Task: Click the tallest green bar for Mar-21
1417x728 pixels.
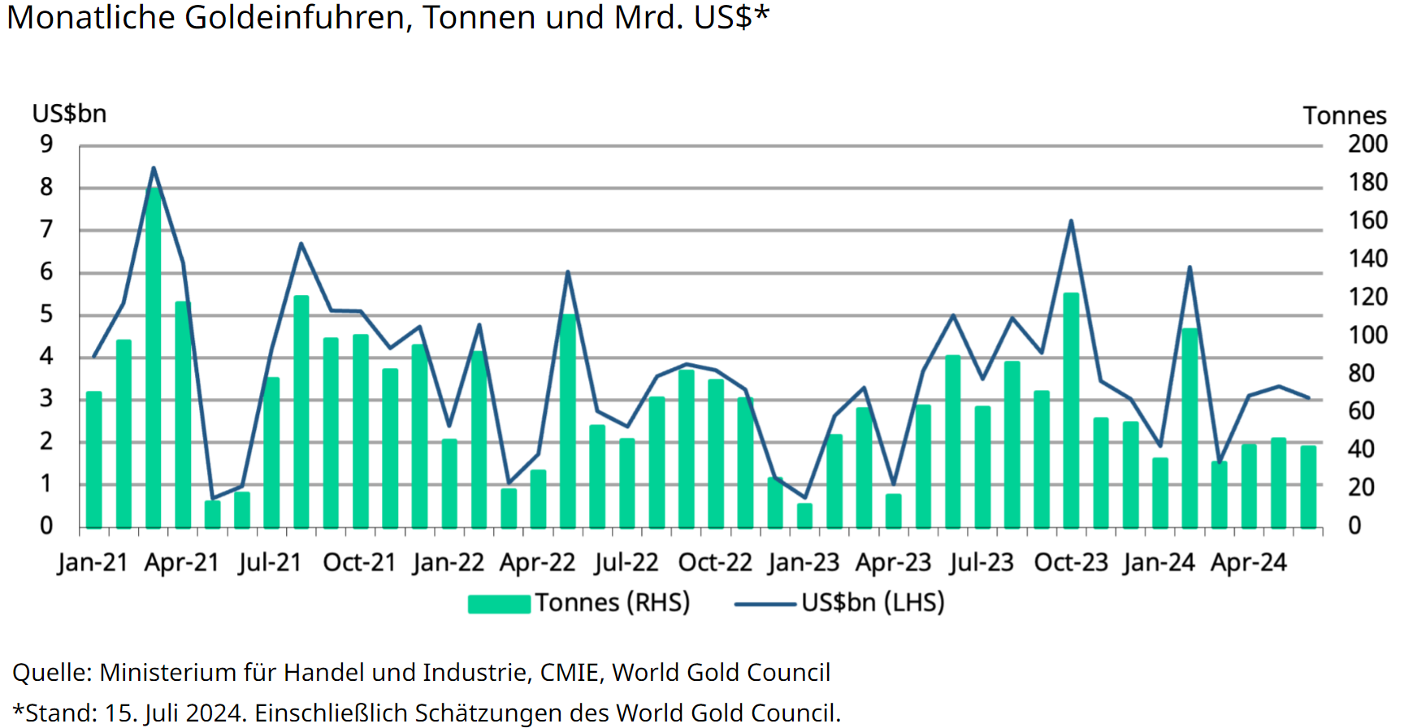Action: tap(154, 357)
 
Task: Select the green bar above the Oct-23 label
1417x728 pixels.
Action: tap(1071, 410)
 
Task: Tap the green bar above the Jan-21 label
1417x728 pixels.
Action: tap(94, 459)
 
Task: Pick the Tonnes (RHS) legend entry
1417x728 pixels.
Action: tap(578, 603)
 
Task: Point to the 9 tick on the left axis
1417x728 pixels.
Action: tap(46, 145)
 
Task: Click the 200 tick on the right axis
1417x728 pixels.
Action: tap(1367, 145)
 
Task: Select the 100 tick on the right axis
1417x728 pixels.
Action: tap(1367, 335)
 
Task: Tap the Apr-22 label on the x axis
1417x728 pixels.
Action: tap(537, 562)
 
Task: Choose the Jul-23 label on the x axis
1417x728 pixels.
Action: tap(981, 562)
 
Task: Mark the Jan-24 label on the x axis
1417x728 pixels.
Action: tap(1159, 562)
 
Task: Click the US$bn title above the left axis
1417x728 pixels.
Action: tap(69, 114)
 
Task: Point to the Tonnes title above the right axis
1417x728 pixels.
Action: tap(1345, 115)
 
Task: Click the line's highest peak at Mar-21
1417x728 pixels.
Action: tap(154, 168)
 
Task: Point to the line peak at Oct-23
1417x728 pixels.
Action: tap(1071, 221)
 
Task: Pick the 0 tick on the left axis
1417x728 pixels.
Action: tap(46, 526)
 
